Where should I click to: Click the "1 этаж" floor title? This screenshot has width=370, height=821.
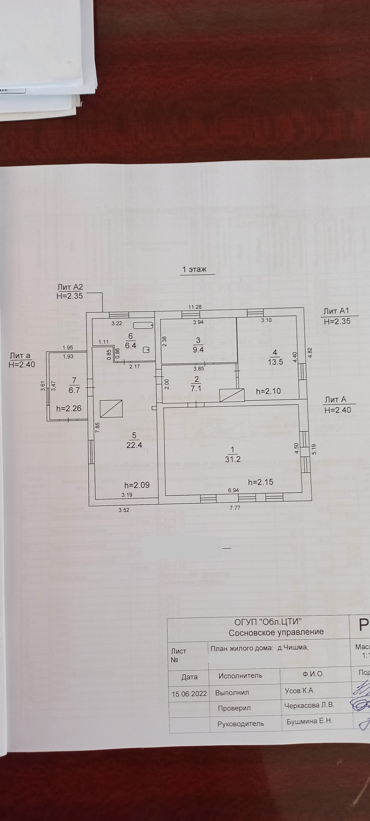tap(194, 269)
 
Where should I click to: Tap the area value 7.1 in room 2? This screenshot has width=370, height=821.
tap(197, 389)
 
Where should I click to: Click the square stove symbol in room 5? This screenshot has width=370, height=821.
tap(111, 409)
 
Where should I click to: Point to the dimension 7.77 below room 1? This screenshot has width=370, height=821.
tap(235, 508)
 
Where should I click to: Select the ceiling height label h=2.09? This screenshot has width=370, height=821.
tap(137, 485)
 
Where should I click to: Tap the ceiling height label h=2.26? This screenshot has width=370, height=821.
tap(69, 408)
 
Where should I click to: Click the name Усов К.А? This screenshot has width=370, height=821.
tap(300, 690)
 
